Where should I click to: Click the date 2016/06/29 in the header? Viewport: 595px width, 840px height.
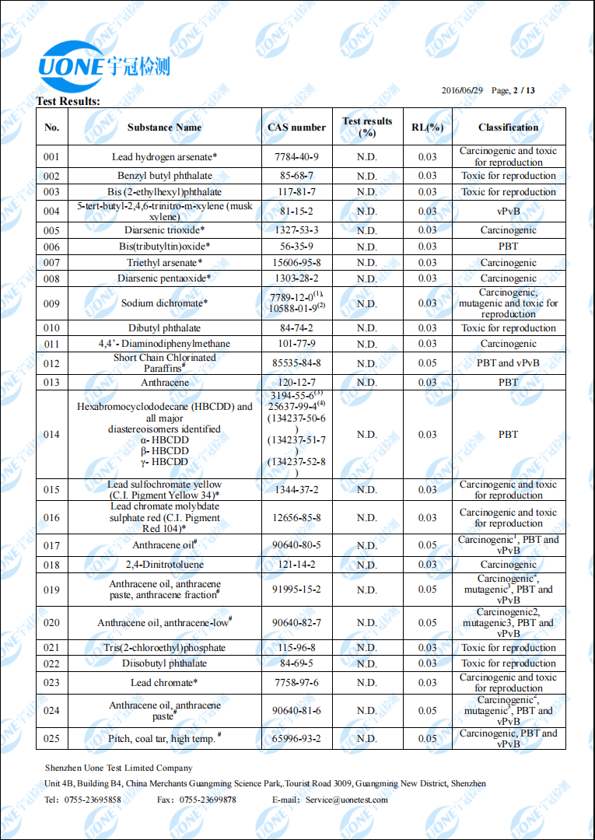pyautogui.click(x=462, y=90)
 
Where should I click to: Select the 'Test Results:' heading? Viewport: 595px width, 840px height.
pyautogui.click(x=68, y=101)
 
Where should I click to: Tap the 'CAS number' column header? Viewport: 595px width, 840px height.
pyautogui.click(x=296, y=127)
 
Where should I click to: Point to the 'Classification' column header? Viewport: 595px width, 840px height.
pyautogui.click(x=508, y=127)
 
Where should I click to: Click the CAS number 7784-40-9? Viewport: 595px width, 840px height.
pyautogui.click(x=296, y=156)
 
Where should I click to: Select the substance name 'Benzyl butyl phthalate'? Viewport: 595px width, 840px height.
pyautogui.click(x=164, y=176)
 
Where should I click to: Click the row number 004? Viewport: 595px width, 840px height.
pyautogui.click(x=51, y=211)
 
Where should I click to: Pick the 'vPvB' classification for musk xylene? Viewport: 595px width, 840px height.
pyautogui.click(x=508, y=211)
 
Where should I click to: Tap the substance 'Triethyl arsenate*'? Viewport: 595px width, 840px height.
pyautogui.click(x=164, y=262)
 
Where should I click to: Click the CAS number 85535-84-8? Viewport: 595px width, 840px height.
pyautogui.click(x=296, y=362)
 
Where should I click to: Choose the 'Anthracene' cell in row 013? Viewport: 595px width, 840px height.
pyautogui.click(x=164, y=382)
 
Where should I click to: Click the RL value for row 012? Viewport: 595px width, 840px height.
pyautogui.click(x=427, y=362)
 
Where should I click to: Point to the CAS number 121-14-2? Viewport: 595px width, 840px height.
pyautogui.click(x=296, y=564)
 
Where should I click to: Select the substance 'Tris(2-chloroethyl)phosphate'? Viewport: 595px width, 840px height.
pyautogui.click(x=164, y=647)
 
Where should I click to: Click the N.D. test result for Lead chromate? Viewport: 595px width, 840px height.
pyautogui.click(x=366, y=682)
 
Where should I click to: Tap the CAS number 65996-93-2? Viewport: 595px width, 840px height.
pyautogui.click(x=296, y=738)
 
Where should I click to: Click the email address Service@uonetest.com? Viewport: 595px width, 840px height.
pyautogui.click(x=346, y=800)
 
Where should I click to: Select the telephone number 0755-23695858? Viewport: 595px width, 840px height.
pyautogui.click(x=93, y=800)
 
